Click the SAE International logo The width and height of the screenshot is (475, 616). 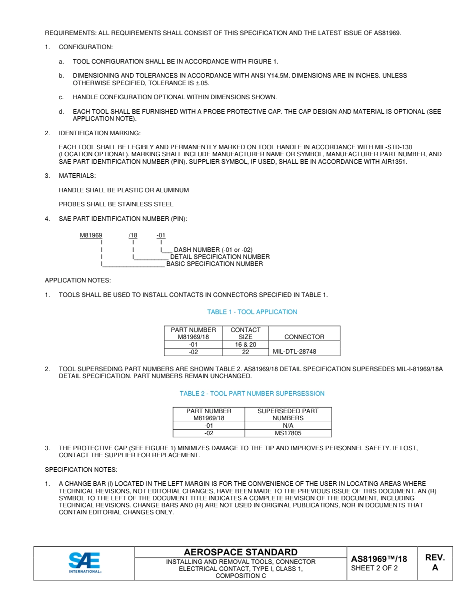84,563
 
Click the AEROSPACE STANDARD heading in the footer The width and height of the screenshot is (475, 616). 240,552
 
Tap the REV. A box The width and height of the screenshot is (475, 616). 434,563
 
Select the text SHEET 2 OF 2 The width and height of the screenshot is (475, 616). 374,568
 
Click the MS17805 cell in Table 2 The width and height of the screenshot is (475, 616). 288,433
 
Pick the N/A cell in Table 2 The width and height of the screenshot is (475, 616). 288,426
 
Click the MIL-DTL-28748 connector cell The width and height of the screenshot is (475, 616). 294,352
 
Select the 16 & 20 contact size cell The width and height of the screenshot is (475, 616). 245,345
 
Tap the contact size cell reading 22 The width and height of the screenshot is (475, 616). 245,352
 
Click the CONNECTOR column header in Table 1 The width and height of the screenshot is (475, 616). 304,337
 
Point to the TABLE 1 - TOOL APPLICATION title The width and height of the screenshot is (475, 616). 252,312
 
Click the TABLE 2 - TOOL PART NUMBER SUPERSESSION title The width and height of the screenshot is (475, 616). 252,394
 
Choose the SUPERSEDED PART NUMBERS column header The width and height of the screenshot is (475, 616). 288,414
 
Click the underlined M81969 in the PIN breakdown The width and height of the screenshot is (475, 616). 91,235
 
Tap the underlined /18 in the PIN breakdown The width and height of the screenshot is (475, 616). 132,235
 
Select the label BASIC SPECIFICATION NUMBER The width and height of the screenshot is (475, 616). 214,264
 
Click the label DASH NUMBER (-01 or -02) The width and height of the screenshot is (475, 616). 213,250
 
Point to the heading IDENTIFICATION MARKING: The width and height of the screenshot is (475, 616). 99,133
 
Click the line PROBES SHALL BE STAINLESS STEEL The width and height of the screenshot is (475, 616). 116,204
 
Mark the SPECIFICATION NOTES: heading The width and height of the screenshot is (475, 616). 81,470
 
